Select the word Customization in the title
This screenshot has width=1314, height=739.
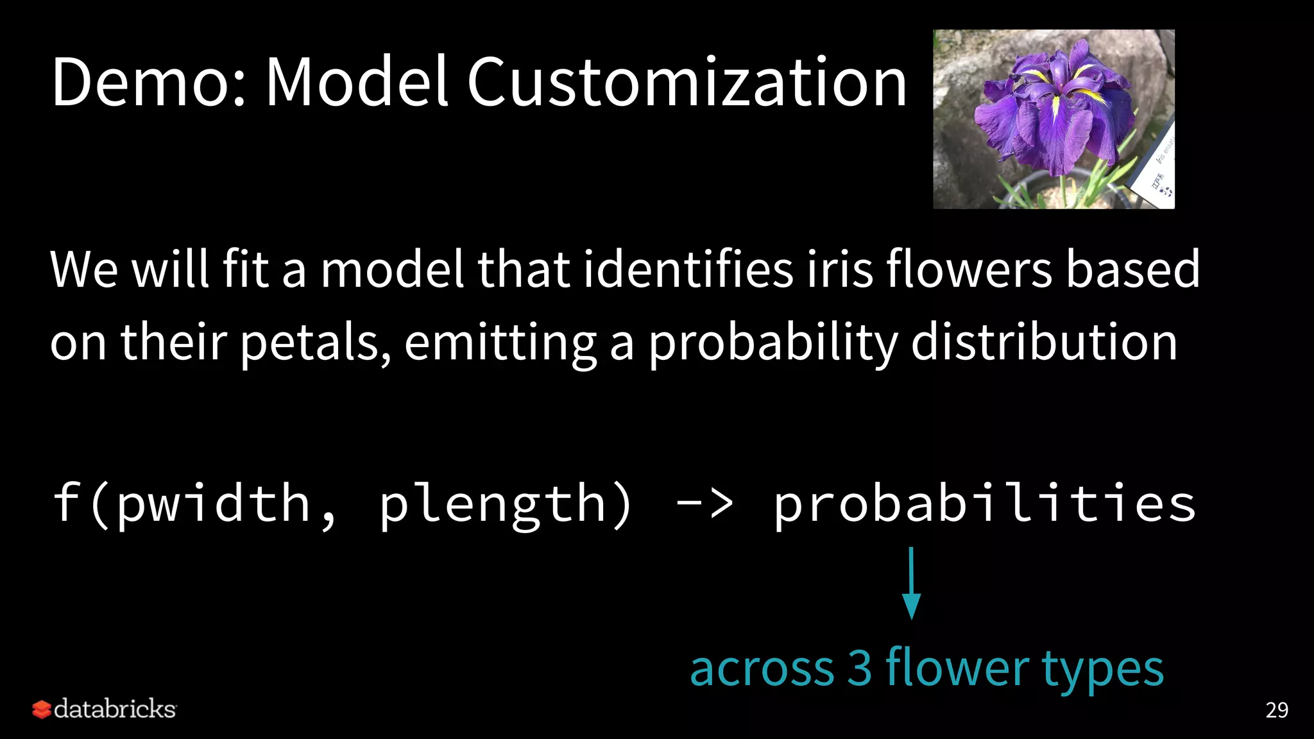point(687,82)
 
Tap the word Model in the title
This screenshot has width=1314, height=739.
point(356,82)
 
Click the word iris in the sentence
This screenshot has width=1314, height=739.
point(840,269)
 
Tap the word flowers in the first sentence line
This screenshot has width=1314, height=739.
point(969,269)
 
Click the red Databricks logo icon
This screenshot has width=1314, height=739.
point(41,709)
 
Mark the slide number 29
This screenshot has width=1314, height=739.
point(1276,710)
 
